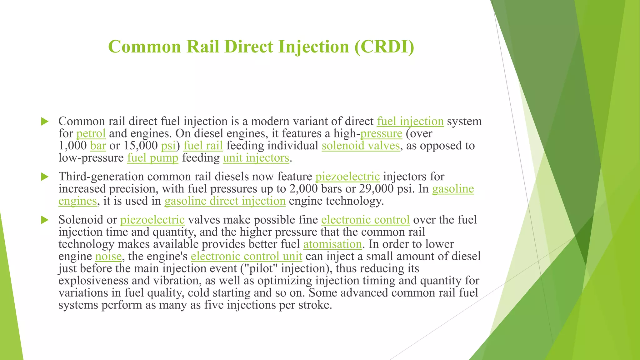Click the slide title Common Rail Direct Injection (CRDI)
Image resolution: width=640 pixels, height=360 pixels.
pyautogui.click(x=261, y=47)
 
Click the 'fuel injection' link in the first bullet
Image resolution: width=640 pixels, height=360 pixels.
pyautogui.click(x=410, y=121)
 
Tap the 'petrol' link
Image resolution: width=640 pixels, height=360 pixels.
pyautogui.click(x=91, y=133)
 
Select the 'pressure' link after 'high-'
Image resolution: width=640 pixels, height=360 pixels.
pyautogui.click(x=381, y=133)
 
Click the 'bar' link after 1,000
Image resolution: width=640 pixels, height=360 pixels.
pyautogui.click(x=98, y=146)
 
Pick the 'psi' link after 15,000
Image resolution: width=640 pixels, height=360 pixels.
pyautogui.click(x=168, y=146)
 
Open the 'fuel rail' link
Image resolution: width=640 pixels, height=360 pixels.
pyautogui.click(x=203, y=146)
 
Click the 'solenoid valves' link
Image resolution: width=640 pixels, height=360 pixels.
pyautogui.click(x=361, y=146)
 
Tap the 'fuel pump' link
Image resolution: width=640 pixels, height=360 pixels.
pyautogui.click(x=152, y=158)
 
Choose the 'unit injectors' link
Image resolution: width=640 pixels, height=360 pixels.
pyautogui.click(x=256, y=158)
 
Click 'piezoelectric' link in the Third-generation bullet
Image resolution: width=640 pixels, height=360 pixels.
pyautogui.click(x=347, y=177)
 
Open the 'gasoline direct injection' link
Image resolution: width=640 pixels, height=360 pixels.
pyautogui.click(x=225, y=201)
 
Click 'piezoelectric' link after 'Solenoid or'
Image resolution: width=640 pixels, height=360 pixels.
pyautogui.click(x=152, y=220)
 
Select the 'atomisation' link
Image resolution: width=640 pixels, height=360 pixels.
pyautogui.click(x=332, y=244)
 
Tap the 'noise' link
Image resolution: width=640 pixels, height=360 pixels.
pyautogui.click(x=108, y=256)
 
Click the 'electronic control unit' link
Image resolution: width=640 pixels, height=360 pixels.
pyautogui.click(x=246, y=256)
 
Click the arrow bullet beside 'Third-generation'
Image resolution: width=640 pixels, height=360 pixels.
pyautogui.click(x=45, y=177)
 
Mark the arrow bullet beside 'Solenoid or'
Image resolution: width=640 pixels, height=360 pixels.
pyautogui.click(x=45, y=220)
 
